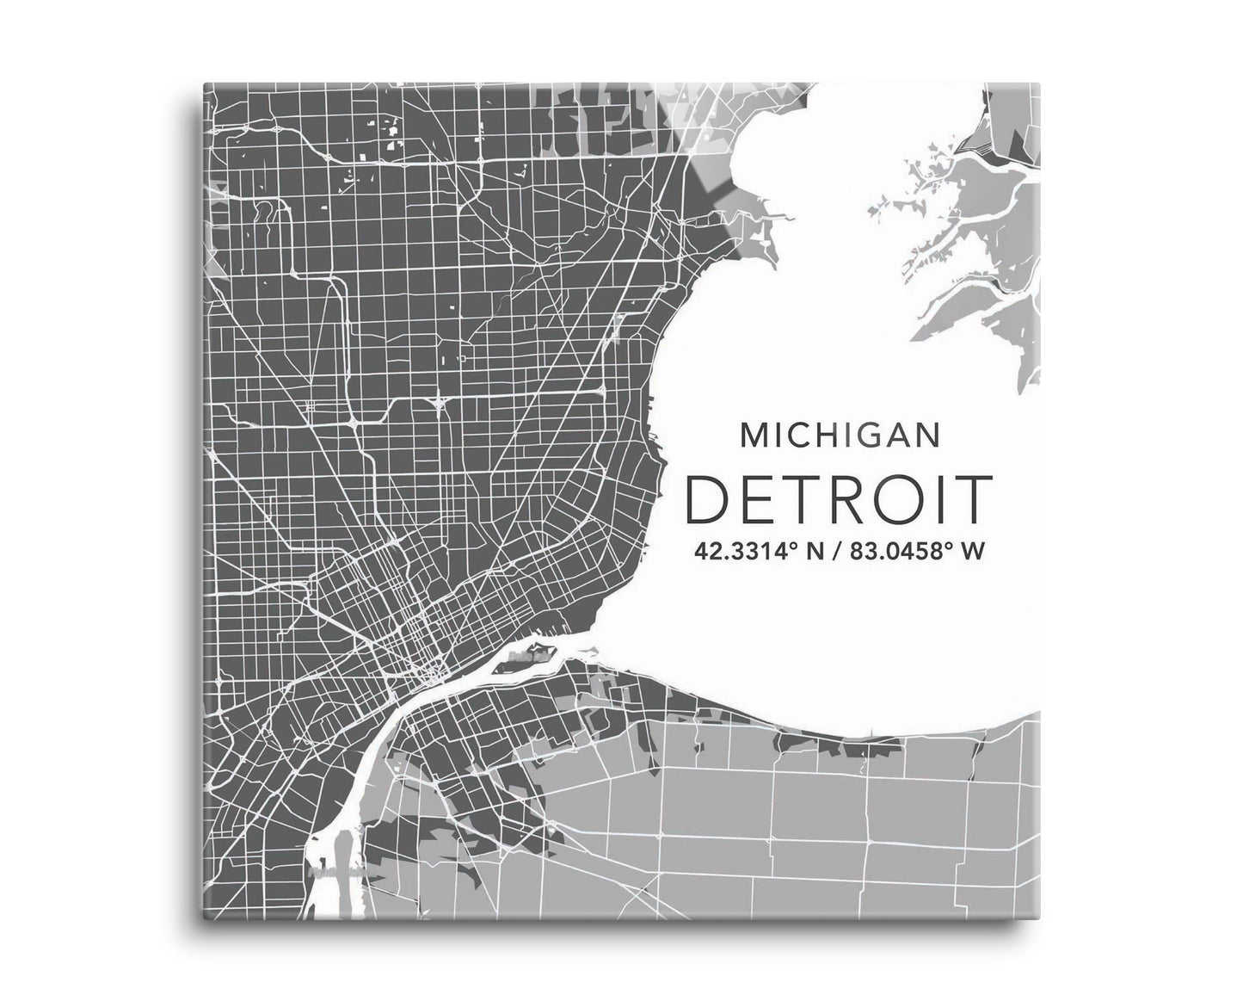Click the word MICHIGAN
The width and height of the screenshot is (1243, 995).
click(839, 436)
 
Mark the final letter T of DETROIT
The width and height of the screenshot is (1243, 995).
click(970, 500)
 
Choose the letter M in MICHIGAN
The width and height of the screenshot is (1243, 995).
click(754, 436)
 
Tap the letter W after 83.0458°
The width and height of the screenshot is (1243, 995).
click(970, 552)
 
